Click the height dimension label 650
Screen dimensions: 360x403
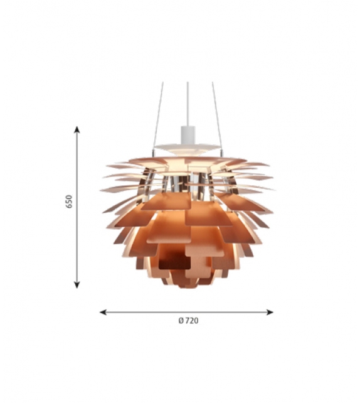[70, 201]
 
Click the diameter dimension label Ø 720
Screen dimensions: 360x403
[189, 321]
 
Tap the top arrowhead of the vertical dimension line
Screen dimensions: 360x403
[77, 129]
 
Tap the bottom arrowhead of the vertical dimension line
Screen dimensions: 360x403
[77, 285]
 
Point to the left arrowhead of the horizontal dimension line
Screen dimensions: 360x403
[103, 312]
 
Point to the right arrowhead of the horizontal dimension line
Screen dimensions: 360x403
[270, 312]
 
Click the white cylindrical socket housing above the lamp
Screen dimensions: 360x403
[188, 135]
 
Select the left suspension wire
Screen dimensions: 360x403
[159, 116]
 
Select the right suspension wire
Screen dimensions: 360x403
[217, 116]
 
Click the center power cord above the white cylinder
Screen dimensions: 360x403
[188, 104]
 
